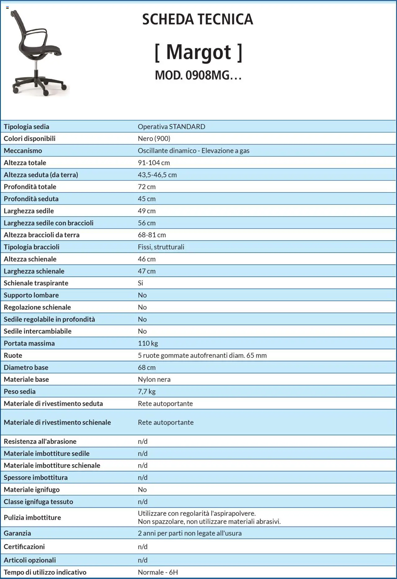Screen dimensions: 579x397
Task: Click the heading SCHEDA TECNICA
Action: [198, 19]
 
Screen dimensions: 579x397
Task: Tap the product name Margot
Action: [198, 52]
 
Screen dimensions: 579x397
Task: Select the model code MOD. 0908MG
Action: [198, 75]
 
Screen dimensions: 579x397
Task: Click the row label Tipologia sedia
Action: [26, 127]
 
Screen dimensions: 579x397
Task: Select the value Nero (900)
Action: [154, 139]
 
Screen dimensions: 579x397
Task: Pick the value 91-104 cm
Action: [154, 163]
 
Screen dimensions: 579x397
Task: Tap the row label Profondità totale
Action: [30, 187]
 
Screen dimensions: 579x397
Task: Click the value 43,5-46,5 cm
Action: [157, 175]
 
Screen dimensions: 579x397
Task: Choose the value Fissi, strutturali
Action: [161, 247]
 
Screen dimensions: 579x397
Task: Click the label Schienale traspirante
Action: [36, 283]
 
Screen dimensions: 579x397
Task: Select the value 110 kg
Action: [148, 343]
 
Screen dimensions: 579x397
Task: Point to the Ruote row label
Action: [13, 356]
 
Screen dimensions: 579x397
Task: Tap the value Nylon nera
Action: [154, 379]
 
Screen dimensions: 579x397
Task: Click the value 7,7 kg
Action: [146, 392]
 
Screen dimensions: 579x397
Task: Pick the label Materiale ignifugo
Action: [32, 490]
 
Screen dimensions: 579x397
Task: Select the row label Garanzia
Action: [17, 533]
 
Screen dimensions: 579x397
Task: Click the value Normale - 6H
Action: [158, 572]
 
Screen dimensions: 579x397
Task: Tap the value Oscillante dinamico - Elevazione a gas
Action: [194, 151]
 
